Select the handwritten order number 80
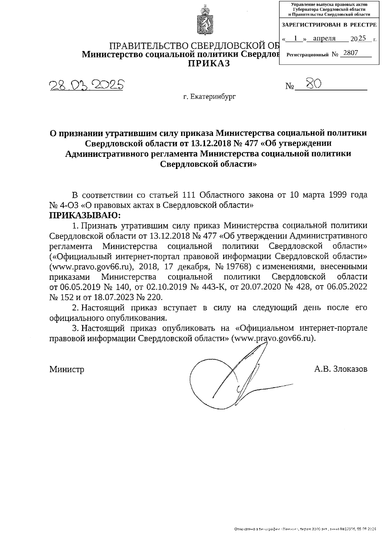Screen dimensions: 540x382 313,84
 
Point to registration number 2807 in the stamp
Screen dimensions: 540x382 351,53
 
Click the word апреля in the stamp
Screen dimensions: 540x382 324,39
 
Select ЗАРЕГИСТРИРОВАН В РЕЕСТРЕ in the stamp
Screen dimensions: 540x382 329,25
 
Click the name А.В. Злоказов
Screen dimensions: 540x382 341,369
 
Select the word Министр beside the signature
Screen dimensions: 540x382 67,369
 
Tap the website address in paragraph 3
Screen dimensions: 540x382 274,338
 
